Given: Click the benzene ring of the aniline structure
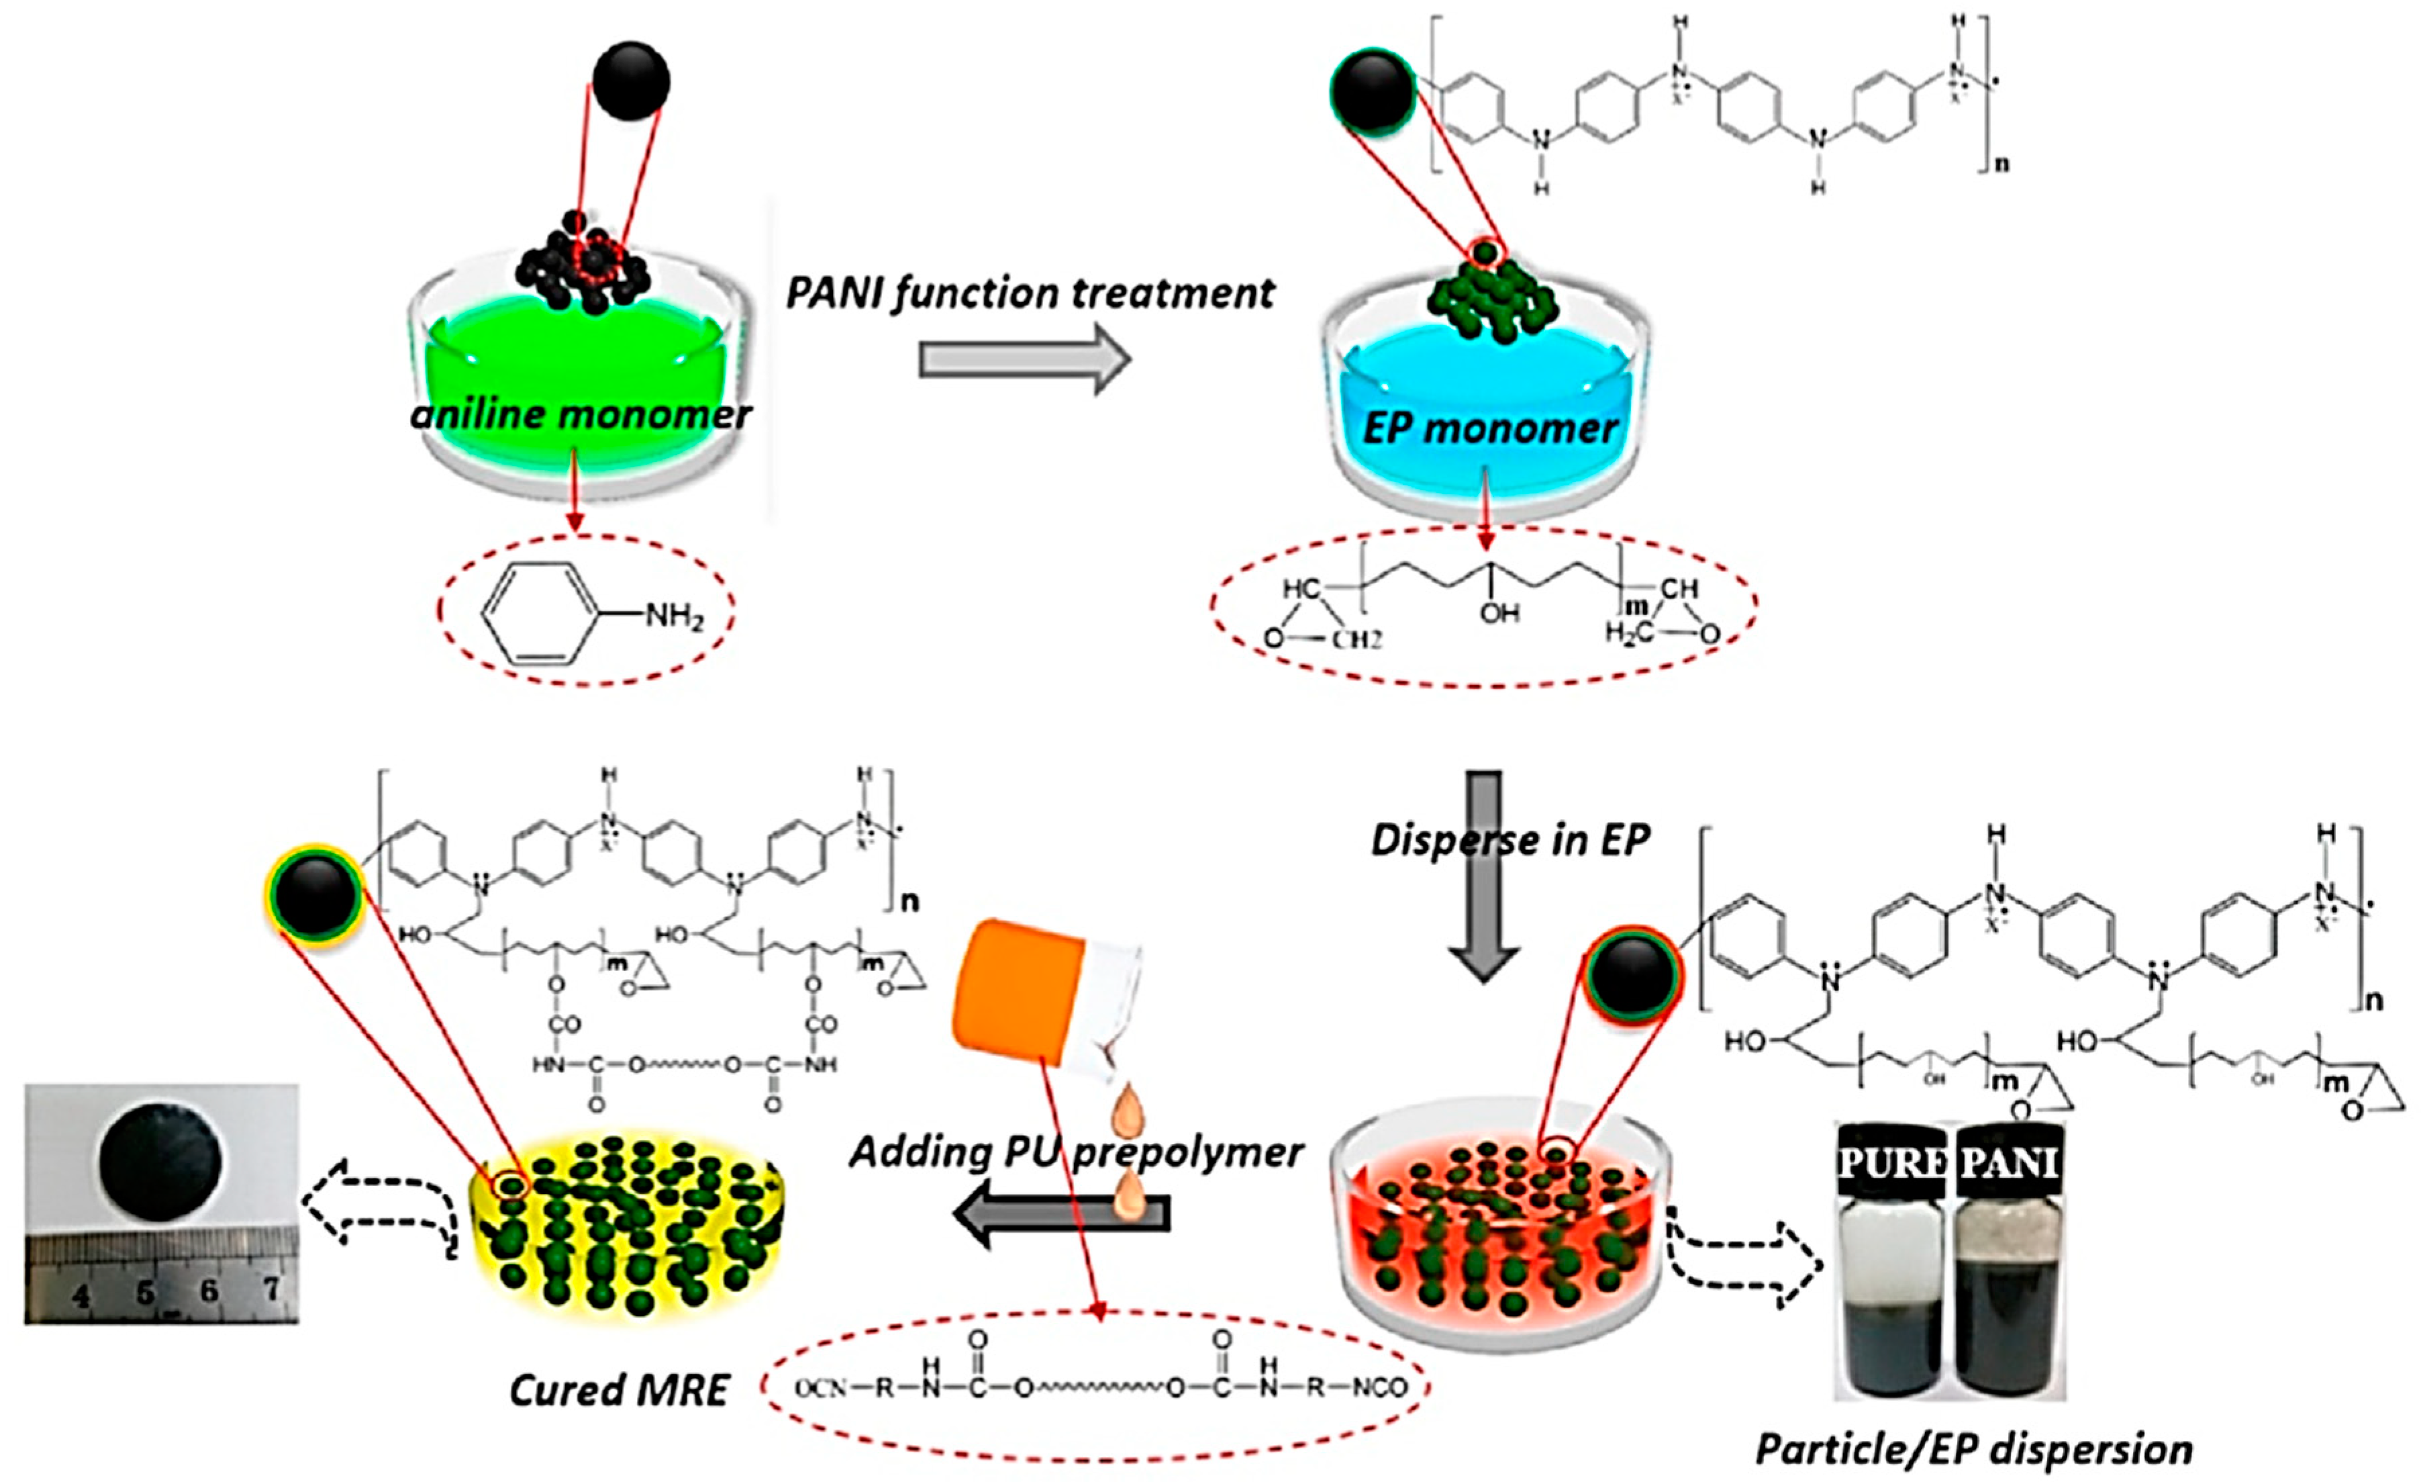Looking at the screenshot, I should pos(540,613).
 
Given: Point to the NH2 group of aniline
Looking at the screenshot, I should pos(674,617).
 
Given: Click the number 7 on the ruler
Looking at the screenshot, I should pos(271,1289).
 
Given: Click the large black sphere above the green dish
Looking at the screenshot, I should pos(631,81).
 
